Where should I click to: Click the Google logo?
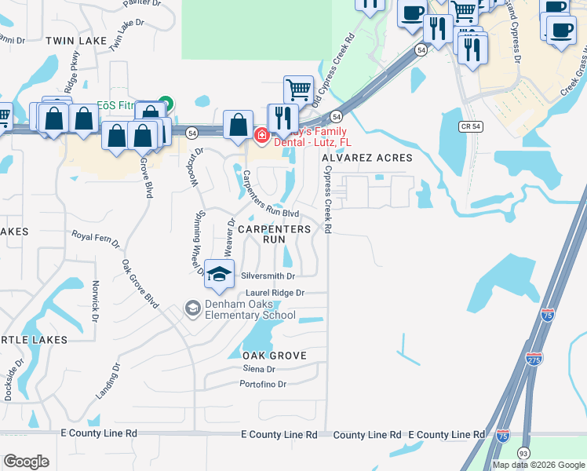pyautogui.click(x=26, y=462)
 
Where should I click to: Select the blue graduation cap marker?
pyautogui.click(x=220, y=274)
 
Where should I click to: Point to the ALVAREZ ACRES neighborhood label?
pyautogui.click(x=367, y=159)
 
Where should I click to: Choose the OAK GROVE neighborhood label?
pyautogui.click(x=268, y=356)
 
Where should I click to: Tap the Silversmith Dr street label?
pyautogui.click(x=268, y=276)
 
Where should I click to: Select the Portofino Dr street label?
pyautogui.click(x=263, y=385)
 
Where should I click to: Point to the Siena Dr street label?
pyautogui.click(x=259, y=369)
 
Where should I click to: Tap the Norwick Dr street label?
pyautogui.click(x=95, y=301)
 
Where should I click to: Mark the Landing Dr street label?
pyautogui.click(x=108, y=381)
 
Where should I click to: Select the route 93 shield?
pyautogui.click(x=523, y=453)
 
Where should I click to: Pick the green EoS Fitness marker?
pyautogui.click(x=165, y=103)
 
